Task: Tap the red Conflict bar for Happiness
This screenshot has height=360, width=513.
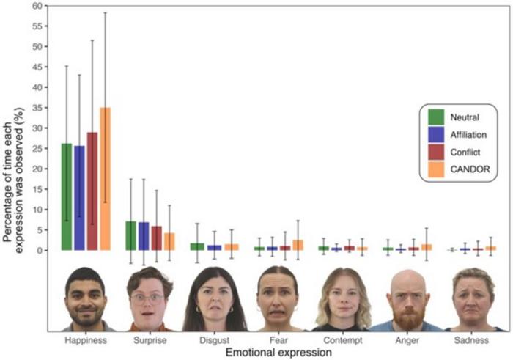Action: click(92, 191)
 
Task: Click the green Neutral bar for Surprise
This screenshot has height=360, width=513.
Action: click(130, 235)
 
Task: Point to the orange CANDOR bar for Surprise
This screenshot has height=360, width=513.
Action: click(169, 241)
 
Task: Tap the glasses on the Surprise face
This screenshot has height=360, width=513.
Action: click(148, 298)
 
